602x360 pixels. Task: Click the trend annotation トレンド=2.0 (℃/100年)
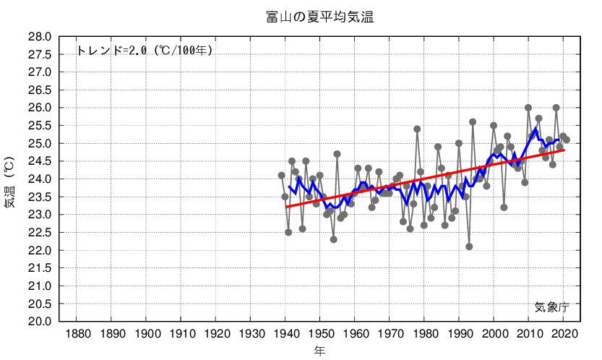click(x=145, y=51)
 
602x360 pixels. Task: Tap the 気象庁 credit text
click(x=552, y=307)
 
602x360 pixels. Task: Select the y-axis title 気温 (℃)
click(x=9, y=179)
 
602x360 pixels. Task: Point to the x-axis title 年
click(x=319, y=351)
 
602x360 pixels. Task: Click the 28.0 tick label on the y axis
click(x=40, y=37)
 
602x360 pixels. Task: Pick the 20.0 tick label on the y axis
click(x=40, y=322)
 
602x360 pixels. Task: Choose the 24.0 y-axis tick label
click(x=40, y=179)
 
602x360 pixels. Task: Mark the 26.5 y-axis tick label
click(x=40, y=90)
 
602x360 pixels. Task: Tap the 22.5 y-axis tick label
click(x=40, y=233)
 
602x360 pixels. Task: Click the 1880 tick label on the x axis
click(x=77, y=334)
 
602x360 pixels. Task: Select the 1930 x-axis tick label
click(x=251, y=334)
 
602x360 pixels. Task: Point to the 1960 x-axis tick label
click(x=356, y=334)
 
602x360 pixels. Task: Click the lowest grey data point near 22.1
click(x=469, y=247)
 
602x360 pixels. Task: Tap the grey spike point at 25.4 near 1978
click(x=417, y=129)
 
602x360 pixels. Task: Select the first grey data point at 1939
click(x=282, y=176)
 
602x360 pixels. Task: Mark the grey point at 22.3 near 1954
click(x=334, y=239)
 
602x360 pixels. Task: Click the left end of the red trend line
click(x=286, y=207)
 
